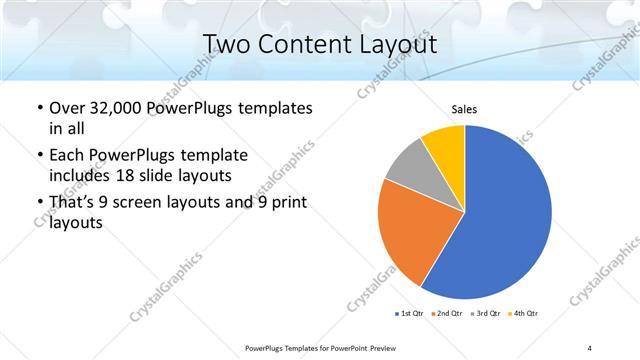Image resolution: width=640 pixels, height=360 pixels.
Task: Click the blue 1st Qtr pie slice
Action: (x=505, y=215)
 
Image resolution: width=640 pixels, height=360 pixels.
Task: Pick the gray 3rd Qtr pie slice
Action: (x=409, y=165)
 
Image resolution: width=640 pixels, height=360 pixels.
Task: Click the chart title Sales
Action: (x=464, y=110)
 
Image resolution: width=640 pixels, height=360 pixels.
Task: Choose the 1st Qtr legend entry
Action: (x=411, y=314)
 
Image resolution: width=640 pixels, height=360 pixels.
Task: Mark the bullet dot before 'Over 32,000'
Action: (x=38, y=108)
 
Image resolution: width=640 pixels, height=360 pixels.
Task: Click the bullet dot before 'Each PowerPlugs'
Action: (x=38, y=156)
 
